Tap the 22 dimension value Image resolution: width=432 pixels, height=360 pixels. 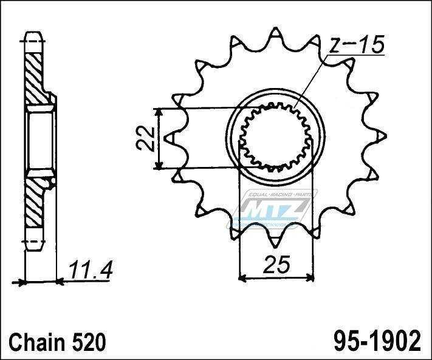click(x=145, y=138)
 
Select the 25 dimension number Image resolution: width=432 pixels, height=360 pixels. click(x=276, y=265)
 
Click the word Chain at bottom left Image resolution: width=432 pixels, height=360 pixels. click(x=37, y=342)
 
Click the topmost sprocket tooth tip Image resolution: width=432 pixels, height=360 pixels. click(x=275, y=27)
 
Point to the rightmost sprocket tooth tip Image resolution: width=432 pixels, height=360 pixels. click(x=386, y=136)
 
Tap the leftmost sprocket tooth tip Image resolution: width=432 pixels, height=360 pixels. click(x=165, y=138)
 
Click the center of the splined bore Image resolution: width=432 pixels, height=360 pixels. click(x=275, y=137)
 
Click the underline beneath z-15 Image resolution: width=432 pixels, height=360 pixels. click(x=355, y=55)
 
